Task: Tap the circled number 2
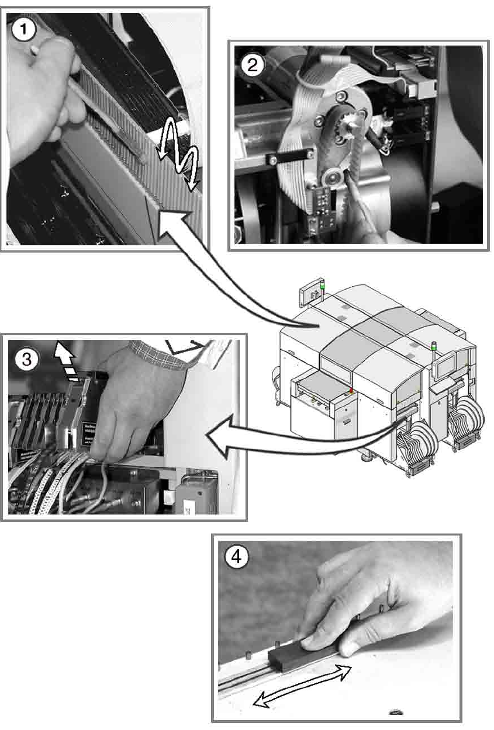point(253,65)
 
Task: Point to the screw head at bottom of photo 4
point(394,712)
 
